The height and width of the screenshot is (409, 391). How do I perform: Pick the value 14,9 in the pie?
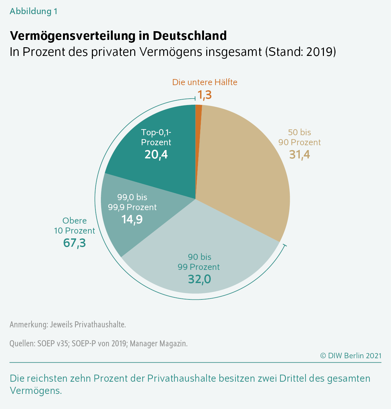click(132, 219)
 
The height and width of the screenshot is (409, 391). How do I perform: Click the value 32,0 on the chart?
click(199, 279)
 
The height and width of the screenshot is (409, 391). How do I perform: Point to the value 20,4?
click(156, 155)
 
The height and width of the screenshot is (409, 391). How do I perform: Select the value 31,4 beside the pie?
click(299, 155)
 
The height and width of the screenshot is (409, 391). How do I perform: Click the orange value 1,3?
click(205, 94)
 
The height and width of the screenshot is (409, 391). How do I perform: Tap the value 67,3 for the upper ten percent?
click(75, 243)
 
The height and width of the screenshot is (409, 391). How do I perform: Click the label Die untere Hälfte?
click(205, 82)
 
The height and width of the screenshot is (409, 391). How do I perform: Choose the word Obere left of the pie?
click(75, 221)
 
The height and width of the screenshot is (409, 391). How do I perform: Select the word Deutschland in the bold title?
click(190, 36)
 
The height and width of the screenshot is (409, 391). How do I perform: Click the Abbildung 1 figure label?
click(33, 11)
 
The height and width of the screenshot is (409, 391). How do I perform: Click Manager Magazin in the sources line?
click(158, 344)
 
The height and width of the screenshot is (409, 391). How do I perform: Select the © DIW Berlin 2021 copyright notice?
click(351, 356)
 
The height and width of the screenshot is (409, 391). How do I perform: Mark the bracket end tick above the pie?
click(195, 98)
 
